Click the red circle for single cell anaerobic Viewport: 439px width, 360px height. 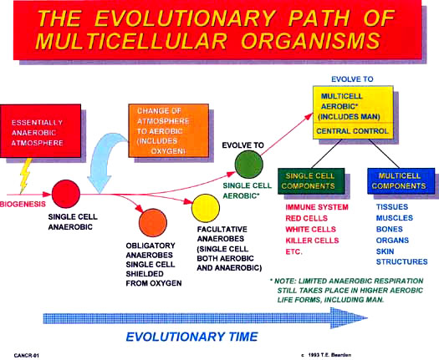click(66, 194)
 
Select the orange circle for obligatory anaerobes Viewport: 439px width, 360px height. click(153, 223)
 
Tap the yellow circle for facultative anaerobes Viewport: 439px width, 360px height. click(206, 208)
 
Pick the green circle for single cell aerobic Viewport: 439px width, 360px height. click(248, 165)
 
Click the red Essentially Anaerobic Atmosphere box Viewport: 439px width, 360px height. click(41, 130)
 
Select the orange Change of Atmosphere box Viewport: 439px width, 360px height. click(169, 130)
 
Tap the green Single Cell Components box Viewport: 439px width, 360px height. click(311, 181)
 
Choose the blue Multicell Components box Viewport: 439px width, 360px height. click(401, 181)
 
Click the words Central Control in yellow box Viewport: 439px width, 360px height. click(352, 131)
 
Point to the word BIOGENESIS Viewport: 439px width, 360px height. click(23, 204)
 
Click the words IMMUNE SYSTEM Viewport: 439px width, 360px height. click(317, 207)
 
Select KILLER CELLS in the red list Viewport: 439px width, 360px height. click(312, 241)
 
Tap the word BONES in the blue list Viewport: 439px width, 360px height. click(389, 229)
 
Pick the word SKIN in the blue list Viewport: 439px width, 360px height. click(385, 251)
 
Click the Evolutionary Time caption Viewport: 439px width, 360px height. click(191, 337)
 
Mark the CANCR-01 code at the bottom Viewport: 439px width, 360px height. click(26, 356)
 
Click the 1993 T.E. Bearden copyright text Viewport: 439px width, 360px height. click(326, 355)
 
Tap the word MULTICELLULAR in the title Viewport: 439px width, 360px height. click(131, 41)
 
